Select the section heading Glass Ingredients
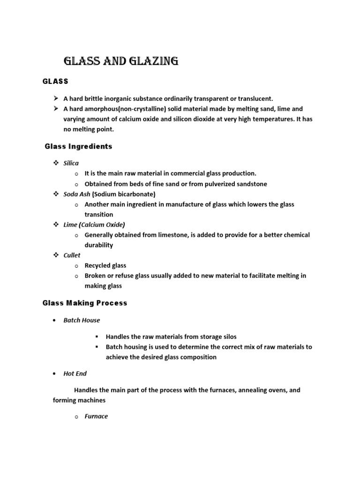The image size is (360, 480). point(78,147)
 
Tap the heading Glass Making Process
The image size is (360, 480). point(85,303)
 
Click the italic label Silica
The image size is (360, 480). point(71,163)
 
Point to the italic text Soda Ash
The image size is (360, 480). point(77,194)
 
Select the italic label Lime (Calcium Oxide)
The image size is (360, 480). point(94,225)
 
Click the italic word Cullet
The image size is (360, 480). point(72,255)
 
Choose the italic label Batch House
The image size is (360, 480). point(82,320)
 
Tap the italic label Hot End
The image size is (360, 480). point(75,374)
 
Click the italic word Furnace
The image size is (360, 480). point(96,416)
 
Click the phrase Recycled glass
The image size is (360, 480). point(105,265)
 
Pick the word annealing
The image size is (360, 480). point(254,390)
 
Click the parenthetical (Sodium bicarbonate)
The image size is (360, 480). point(124,194)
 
